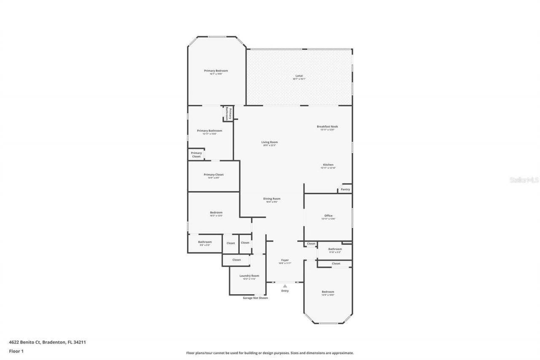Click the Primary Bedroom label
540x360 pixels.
(216, 71)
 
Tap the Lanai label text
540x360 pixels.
(299, 76)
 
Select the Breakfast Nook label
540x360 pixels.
(327, 127)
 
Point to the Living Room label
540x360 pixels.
(269, 142)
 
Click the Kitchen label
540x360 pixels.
(328, 165)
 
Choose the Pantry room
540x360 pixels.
(345, 189)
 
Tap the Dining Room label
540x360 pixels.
(272, 199)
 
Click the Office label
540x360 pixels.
(328, 216)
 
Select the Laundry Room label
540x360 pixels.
(249, 276)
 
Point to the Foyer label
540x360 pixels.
(285, 260)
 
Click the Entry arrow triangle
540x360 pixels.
(285, 286)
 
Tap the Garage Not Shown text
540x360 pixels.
(255, 298)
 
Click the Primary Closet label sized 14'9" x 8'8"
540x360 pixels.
(213, 175)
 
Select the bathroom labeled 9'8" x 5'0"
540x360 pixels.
(205, 242)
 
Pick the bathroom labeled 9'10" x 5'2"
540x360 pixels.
(335, 249)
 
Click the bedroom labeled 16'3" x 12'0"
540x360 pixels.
(216, 213)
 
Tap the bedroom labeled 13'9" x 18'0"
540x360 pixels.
(328, 292)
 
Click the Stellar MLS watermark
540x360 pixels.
(524, 180)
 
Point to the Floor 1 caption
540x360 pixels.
(16, 351)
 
